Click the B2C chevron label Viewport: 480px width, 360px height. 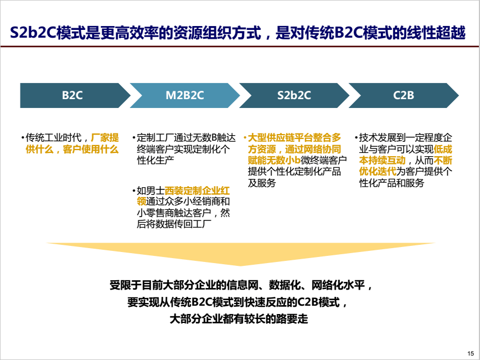tap(72, 95)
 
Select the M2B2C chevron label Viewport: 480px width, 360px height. tap(184, 95)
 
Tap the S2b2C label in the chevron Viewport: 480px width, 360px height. tap(294, 95)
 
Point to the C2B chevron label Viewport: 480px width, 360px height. tap(404, 95)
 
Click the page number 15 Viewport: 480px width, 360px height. tap(471, 353)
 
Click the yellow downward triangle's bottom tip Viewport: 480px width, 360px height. tap(241, 266)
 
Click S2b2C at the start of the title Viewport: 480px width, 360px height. tap(33, 33)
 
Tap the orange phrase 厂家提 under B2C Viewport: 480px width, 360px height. tap(105, 137)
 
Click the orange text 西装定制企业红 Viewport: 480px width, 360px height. tap(197, 191)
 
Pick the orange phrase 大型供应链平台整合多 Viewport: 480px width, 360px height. tap(294, 137)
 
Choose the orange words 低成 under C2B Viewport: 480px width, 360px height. tap(443, 149)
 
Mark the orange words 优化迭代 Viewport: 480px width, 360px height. tap(378, 172)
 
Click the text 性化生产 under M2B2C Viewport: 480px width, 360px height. tap(156, 160)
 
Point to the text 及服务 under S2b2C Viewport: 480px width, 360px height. tap(262, 183)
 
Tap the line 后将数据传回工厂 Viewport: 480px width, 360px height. tap(174, 224)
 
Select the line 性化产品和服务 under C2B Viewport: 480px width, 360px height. tap(391, 183)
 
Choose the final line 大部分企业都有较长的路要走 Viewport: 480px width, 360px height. tap(239, 319)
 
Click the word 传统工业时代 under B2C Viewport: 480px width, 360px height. tap(54, 137)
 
